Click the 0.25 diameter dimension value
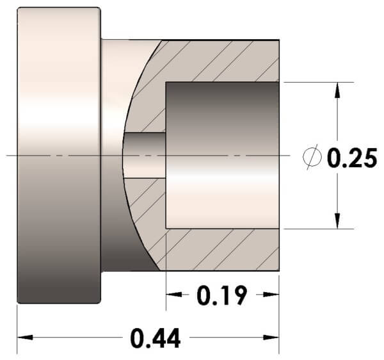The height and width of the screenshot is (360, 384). pos(352,158)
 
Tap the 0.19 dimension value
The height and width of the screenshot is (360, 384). pos(221,295)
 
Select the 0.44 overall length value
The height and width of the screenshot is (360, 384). pos(156,338)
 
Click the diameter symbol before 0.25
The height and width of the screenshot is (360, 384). pos(312,157)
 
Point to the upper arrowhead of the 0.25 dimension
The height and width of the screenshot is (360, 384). pos(337,90)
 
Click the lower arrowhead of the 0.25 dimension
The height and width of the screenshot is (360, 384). pos(337,221)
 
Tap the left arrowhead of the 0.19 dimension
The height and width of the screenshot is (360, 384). pos(174,294)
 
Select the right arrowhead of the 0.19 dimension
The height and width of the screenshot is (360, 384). pos(271,294)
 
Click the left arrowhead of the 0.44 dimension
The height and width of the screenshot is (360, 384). pos(25,338)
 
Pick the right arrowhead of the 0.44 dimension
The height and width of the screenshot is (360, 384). pos(271,338)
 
